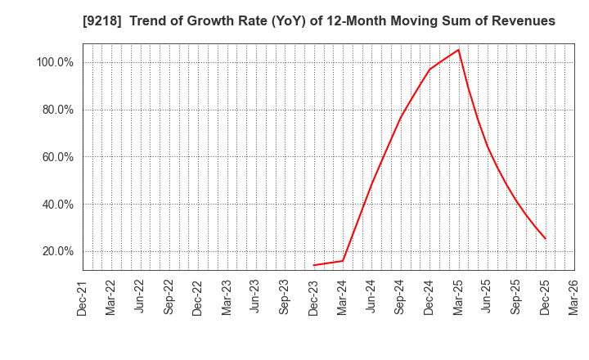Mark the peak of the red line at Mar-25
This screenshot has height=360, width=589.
tap(459, 49)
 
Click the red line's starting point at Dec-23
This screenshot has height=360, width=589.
tap(314, 265)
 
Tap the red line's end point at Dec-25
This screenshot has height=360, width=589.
tap(546, 239)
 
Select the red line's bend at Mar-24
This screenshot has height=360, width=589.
tap(343, 261)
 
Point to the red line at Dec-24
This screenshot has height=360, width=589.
tap(429, 70)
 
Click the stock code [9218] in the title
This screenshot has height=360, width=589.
tap(101, 21)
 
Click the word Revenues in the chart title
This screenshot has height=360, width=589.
tap(523, 21)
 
